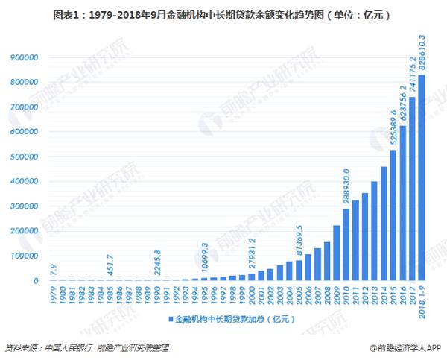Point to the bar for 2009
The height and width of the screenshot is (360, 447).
(x=336, y=253)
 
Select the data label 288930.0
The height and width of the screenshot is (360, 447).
(x=346, y=186)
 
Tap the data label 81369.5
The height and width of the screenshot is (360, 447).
(x=298, y=239)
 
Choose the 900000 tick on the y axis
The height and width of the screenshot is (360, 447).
(x=25, y=57)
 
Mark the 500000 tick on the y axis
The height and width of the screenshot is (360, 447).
(x=25, y=157)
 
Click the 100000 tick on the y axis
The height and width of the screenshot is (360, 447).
(x=25, y=256)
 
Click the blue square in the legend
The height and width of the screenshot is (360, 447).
(x=170, y=319)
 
